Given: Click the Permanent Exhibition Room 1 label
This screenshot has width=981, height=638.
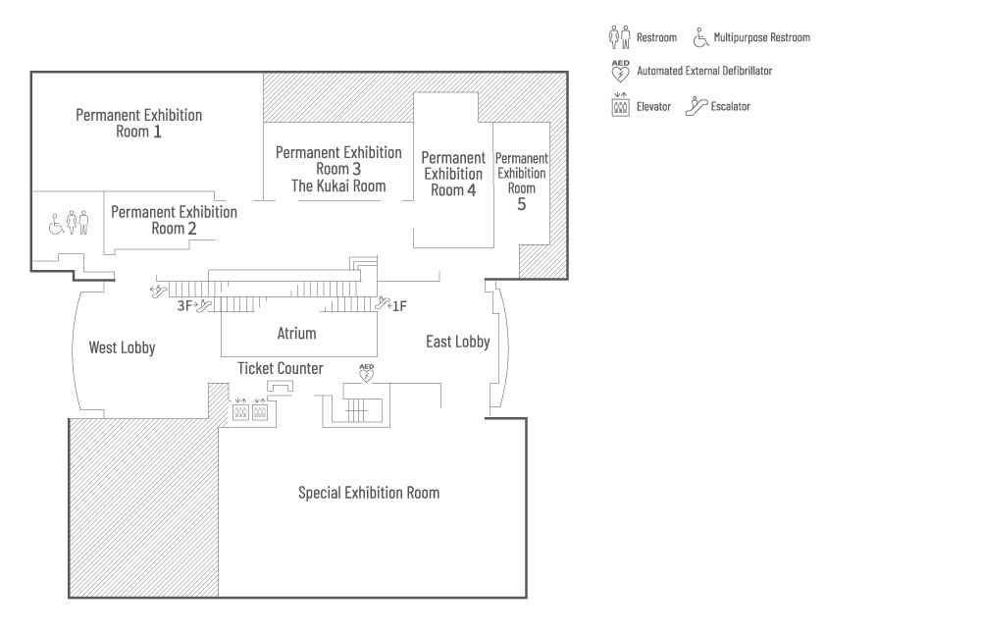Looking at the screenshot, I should pos(139,123).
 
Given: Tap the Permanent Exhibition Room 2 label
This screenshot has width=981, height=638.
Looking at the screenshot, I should pos(174,220).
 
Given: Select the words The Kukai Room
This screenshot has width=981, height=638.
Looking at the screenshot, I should pos(338,186).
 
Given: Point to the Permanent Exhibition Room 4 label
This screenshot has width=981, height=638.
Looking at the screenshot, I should pos(453,174).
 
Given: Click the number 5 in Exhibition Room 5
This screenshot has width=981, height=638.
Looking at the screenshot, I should pos(522,204).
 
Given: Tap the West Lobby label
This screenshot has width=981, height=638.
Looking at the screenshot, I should pos(122,347).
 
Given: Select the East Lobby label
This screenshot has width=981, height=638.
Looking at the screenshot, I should pos(457,342).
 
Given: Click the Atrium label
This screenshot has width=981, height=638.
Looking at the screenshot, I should pos(296,334).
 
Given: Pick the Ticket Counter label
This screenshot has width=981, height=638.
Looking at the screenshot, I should pos(281,368).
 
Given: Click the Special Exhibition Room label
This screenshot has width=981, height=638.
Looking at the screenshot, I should pos(369,493).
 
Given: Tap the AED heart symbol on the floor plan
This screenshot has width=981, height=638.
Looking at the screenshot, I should pos(367,373).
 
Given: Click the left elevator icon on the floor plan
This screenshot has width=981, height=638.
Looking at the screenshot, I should pos(240,411).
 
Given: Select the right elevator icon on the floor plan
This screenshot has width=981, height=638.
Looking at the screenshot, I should pos(260,411).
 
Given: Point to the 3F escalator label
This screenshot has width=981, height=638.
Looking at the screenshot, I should pos(184,306).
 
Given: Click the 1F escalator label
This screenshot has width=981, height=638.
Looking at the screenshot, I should pos(399,306).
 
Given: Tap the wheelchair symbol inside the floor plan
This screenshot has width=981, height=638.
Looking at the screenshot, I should pos(57,226).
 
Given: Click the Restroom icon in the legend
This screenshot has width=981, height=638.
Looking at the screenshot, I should pos(618,37).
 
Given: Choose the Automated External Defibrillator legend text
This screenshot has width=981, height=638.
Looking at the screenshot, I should pos(704,71).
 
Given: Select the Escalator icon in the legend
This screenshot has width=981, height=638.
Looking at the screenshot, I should pos(696,106).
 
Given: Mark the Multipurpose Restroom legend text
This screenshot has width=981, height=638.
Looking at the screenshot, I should pos(762,37).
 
